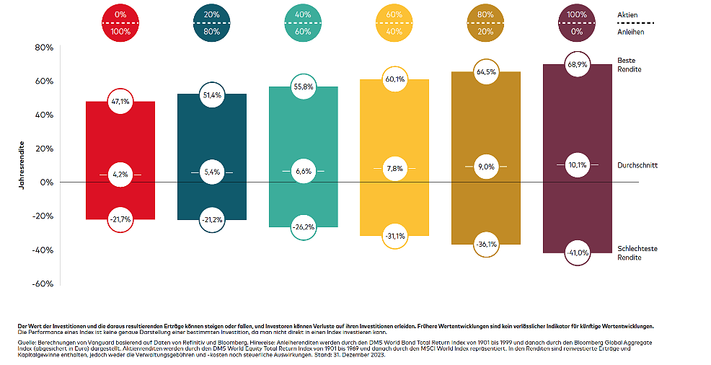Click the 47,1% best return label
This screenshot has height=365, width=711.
pyautogui.click(x=120, y=102)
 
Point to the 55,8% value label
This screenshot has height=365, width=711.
pyautogui.click(x=302, y=86)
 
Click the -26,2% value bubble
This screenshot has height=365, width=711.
pyautogui.click(x=302, y=227)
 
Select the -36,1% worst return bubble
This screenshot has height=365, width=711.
pyautogui.click(x=486, y=244)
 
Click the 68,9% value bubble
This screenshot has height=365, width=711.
pyautogui.click(x=577, y=64)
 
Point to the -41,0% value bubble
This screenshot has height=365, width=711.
pyautogui.click(x=577, y=252)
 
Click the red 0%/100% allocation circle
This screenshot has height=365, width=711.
pyautogui.click(x=120, y=23)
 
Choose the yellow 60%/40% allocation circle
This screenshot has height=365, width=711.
pyautogui.click(x=394, y=23)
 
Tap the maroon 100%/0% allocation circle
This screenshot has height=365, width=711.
pyautogui.click(x=577, y=23)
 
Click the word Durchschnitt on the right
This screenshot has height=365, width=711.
pyautogui.click(x=637, y=165)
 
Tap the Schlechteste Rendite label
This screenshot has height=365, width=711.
pyautogui.click(x=637, y=252)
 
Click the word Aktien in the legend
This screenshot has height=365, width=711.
pyautogui.click(x=627, y=14)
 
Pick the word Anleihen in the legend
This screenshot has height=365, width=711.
pyautogui.click(x=630, y=31)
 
